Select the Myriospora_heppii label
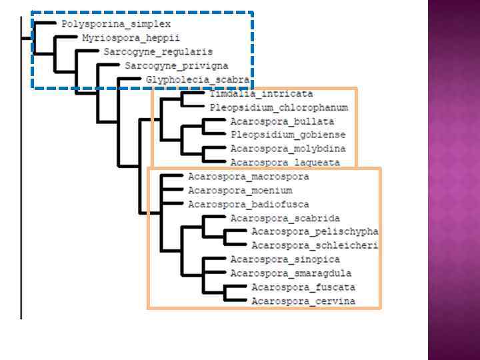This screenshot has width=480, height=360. pos(131,38)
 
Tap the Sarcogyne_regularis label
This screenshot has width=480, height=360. pos(158,52)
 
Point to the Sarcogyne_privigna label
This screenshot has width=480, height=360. pos(177,66)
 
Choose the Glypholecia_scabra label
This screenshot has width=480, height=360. pos(198,80)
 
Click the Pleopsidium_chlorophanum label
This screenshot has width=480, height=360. pos(279,107)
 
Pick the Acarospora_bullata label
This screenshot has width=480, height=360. pos(282,121)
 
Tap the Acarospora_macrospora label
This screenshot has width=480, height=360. pos(249,177)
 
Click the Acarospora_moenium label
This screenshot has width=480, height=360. pos(240,191)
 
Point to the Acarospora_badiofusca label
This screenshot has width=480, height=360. pos(249,205)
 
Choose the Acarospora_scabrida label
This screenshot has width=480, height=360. pos(285,218)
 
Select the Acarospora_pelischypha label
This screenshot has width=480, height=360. pos(315,232)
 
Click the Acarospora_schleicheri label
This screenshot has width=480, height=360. pos(315,246)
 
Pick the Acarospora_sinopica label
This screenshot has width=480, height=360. pos(285,259)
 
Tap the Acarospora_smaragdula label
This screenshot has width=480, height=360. pos(291,273)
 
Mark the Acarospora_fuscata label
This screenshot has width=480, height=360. pos(303,287)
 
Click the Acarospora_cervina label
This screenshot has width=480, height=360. pos(303,301)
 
